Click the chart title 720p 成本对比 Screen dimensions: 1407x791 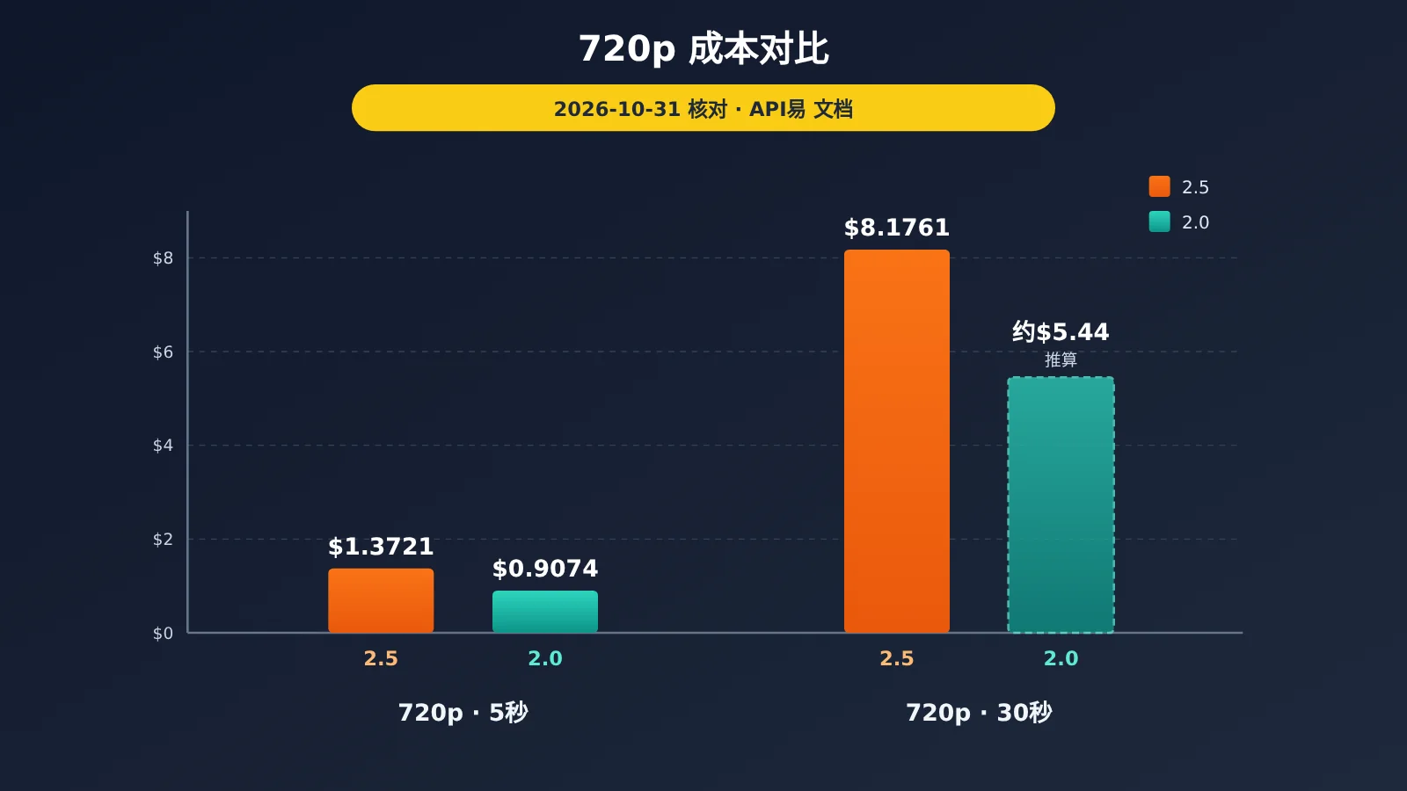pos(703,49)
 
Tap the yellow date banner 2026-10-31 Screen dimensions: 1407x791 pos(703,108)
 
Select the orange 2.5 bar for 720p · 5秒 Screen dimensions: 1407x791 pos(381,601)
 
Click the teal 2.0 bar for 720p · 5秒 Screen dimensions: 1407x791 pos(545,612)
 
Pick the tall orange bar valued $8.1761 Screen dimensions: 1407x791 pos(897,441)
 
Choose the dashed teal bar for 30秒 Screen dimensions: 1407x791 pos(1061,504)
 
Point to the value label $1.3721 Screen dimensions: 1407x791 pos(381,547)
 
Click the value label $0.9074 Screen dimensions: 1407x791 pos(545,569)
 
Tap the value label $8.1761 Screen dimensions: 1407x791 pos(897,228)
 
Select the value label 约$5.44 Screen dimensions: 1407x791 pos(1061,331)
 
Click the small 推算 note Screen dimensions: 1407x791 pos(1061,359)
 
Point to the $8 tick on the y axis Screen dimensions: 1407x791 pos(163,258)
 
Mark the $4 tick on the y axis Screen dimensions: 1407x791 pos(163,446)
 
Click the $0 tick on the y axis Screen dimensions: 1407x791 pos(163,634)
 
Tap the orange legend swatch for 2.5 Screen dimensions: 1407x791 pos(1160,186)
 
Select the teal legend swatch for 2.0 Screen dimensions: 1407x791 pos(1160,221)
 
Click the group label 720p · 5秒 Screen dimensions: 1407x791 pos(463,713)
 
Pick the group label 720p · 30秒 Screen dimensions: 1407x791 pos(979,713)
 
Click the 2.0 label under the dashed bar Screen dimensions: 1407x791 pos(1061,658)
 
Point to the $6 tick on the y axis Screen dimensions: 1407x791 pos(163,352)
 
